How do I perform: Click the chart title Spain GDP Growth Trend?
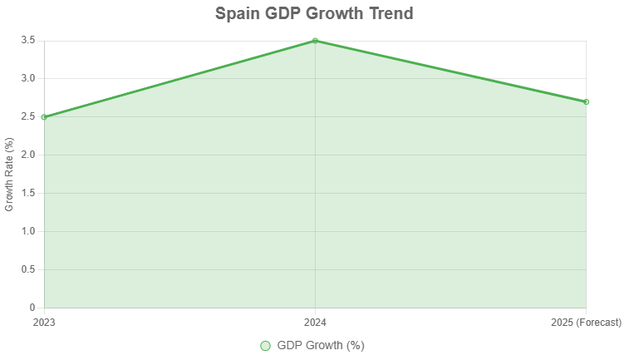pos(314,14)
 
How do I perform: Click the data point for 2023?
pos(44,117)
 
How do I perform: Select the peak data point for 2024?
pos(315,41)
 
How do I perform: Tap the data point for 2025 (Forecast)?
pos(586,101)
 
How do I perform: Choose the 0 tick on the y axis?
pos(32,308)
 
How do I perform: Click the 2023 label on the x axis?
pos(44,323)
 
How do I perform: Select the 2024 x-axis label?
pos(315,323)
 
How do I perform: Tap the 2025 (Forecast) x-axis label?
pos(586,323)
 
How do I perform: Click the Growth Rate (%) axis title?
pos(10,175)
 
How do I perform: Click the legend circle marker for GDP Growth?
pos(266,346)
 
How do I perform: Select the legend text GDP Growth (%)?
pos(321,346)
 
